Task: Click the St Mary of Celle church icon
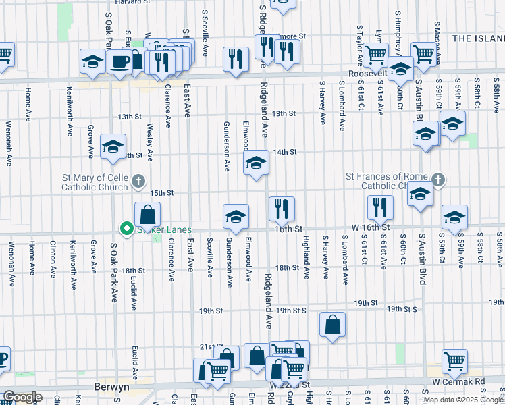coord(138,180)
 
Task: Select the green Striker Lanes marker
coord(126,230)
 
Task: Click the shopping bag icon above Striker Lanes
coord(147,215)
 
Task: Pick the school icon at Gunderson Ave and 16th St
coord(236,217)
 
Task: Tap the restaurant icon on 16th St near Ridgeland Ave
coord(282,208)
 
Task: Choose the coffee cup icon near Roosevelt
coord(121,61)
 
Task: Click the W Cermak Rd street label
coord(459,381)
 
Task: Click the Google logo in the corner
coord(22,397)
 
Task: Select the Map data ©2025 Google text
coord(464,400)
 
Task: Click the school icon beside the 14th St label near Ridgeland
coord(256,163)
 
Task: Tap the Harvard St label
coord(131,3)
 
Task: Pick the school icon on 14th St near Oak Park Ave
coord(113,146)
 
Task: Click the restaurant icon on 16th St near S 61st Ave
coord(380,208)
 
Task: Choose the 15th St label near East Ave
coord(161,193)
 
